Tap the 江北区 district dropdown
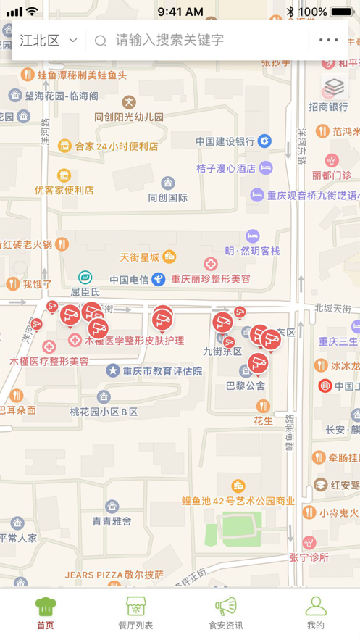[x=48, y=41]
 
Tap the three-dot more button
[x=328, y=41]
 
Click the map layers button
[x=334, y=87]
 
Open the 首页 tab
[x=45, y=613]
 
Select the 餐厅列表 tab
[x=135, y=613]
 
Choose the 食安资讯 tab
[x=225, y=613]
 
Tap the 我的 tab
[x=315, y=613]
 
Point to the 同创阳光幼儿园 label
[x=129, y=117]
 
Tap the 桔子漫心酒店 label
[x=226, y=168]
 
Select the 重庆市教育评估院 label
[x=162, y=371]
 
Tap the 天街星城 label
[x=140, y=257]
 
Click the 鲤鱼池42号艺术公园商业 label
[x=238, y=501]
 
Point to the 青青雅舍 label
[x=112, y=521]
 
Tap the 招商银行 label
[x=328, y=107]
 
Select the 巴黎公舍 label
[x=246, y=386]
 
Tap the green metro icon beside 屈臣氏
[x=85, y=277]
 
